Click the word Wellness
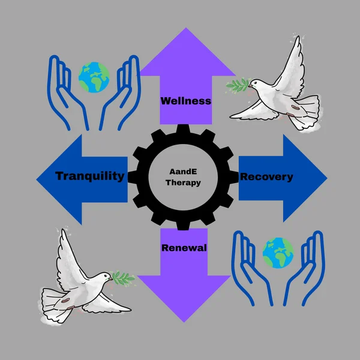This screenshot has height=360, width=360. [x=186, y=101]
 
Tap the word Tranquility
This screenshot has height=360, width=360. [x=90, y=176]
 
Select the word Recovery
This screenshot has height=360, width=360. [x=266, y=177]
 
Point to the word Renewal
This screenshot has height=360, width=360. [x=184, y=248]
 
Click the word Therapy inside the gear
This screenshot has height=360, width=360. [x=183, y=183]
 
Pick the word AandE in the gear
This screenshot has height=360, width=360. [x=183, y=171]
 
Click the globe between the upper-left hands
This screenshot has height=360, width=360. [x=94, y=77]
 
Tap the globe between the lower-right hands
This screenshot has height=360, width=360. [x=278, y=253]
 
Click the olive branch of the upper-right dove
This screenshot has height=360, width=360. [x=238, y=85]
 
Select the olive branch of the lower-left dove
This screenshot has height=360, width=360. [x=122, y=278]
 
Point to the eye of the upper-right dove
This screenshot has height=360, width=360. [x=254, y=83]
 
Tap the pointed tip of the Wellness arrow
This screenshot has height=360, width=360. [x=186, y=28]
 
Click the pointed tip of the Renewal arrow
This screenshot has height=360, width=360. [x=184, y=322]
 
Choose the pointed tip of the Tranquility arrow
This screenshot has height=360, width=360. [x=37, y=179]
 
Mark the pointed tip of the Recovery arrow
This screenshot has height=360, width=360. [x=327, y=178]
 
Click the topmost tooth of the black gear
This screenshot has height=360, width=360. [x=183, y=129]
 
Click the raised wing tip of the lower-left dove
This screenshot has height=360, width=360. [x=62, y=230]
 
